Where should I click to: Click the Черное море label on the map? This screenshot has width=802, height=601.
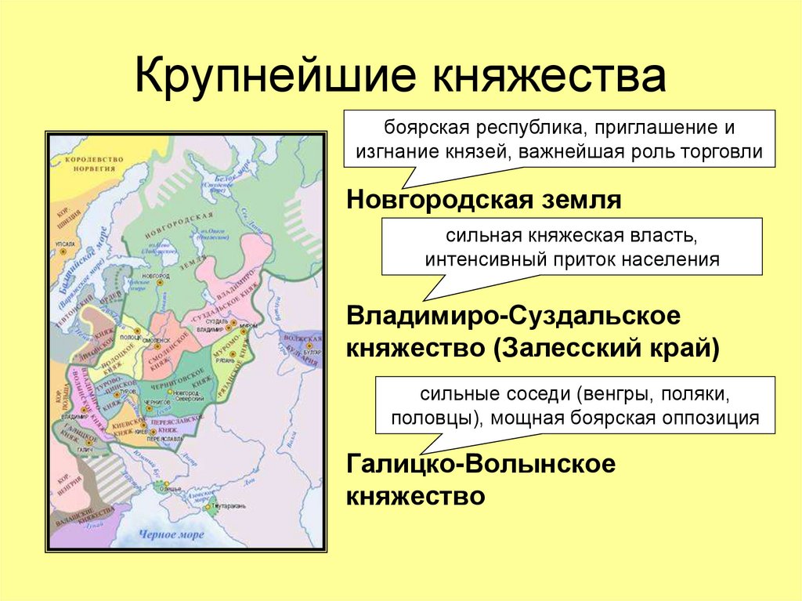170,534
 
